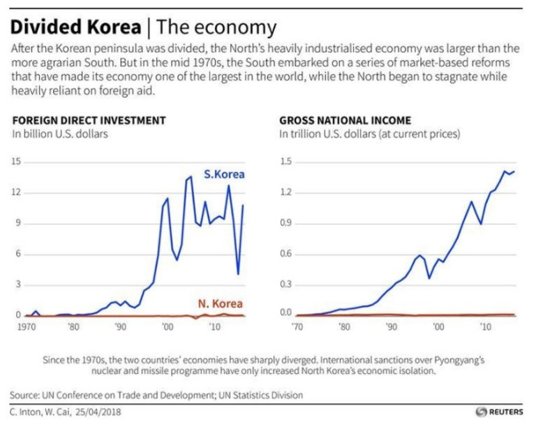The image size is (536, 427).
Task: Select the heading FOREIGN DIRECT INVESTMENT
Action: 88,120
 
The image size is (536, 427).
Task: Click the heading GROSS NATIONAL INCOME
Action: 345,120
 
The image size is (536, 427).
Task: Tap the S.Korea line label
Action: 223,174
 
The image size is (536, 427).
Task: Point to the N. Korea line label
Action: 219,304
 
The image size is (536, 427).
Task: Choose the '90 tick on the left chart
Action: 120,326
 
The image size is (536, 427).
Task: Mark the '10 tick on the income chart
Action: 483,326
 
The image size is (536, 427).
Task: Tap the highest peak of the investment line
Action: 191,177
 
